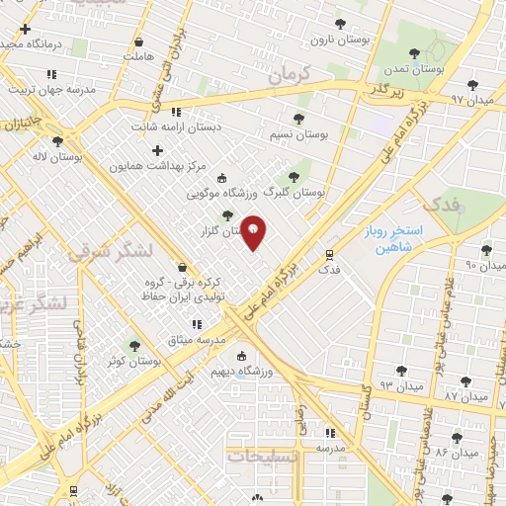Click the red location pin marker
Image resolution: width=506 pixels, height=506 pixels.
pyautogui.click(x=254, y=232)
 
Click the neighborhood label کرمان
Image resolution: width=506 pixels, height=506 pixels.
pyautogui.click(x=289, y=73)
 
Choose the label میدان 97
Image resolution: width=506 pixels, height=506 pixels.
pyautogui.click(x=471, y=100)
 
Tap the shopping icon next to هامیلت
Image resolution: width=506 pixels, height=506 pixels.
pyautogui.click(x=138, y=42)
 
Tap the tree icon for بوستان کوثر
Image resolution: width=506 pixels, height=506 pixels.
pyautogui.click(x=135, y=346)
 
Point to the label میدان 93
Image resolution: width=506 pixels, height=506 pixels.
pyautogui.click(x=387, y=384)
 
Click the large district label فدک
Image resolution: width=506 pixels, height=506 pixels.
pyautogui.click(x=439, y=205)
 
